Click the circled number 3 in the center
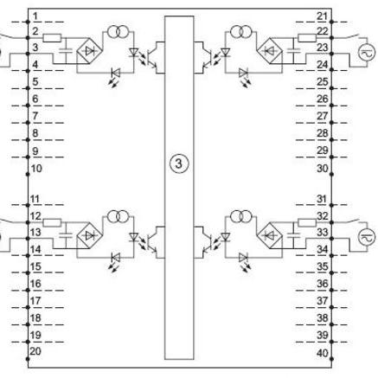click(x=179, y=163)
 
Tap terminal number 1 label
click(x=35, y=16)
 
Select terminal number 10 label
click(x=36, y=168)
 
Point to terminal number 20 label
click(x=35, y=351)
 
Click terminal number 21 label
click(x=323, y=16)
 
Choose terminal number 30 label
click(x=323, y=168)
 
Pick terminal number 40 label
click(x=323, y=353)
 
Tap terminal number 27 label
click(x=323, y=116)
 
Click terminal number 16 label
click(x=35, y=284)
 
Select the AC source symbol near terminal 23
click(x=368, y=53)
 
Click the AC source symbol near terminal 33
click(x=368, y=237)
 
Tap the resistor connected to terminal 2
click(x=52, y=38)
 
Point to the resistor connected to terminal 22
click(x=307, y=38)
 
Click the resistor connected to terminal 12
click(x=52, y=222)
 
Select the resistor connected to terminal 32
click(x=307, y=222)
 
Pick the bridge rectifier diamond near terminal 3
click(x=90, y=51)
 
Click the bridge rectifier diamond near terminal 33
click(x=270, y=236)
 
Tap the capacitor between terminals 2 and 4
click(x=66, y=51)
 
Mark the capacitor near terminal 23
click(x=294, y=51)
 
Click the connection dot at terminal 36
click(x=331, y=290)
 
